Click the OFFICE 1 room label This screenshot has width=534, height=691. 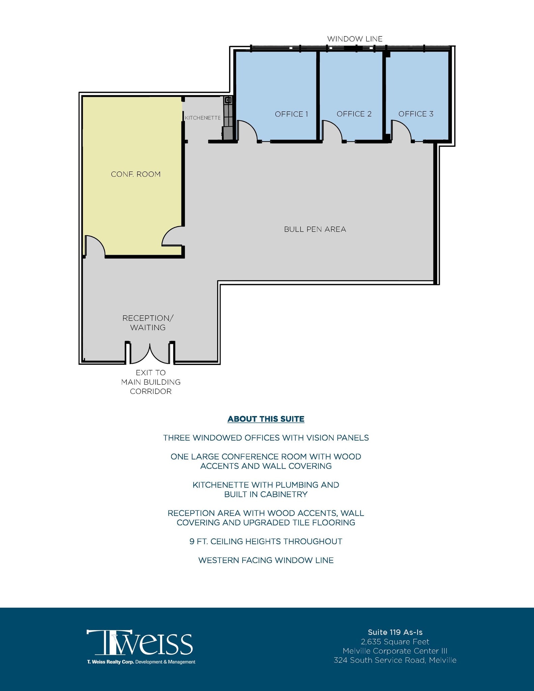point(291,114)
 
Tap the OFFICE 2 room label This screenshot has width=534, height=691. point(354,114)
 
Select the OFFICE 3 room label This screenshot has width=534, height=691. point(416,114)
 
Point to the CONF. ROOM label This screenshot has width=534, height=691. point(136,174)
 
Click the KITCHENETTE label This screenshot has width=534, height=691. point(203,118)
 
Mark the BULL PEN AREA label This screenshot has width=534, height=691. point(315,229)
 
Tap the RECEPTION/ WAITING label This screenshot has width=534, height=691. point(148,323)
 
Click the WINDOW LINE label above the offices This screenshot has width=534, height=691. point(355,39)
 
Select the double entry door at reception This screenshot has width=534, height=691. point(150,354)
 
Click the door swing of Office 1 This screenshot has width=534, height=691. point(248,132)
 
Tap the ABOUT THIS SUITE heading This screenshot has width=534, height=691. point(266,419)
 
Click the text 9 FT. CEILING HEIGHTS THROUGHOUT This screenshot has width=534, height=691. point(266,542)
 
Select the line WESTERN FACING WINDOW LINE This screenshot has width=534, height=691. point(266,560)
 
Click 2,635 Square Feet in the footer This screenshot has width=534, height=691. point(395,642)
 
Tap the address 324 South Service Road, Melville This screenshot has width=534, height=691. point(395,660)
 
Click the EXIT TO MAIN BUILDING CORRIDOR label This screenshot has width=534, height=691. point(151,382)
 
